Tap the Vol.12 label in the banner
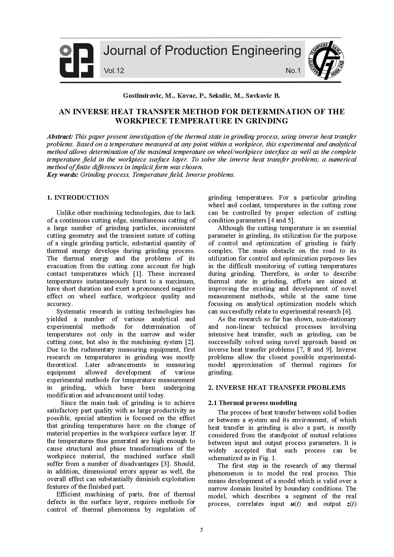pyautogui.click(x=114, y=70)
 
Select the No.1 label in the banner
pyautogui.click(x=293, y=70)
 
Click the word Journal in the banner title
pyautogui.click(x=124, y=51)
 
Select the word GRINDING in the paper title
pyautogui.click(x=267, y=121)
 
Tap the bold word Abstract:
pyautogui.click(x=60, y=137)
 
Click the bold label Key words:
pyautogui.click(x=63, y=175)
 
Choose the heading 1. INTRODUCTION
pyautogui.click(x=78, y=198)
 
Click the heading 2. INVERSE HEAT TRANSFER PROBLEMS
pyautogui.click(x=277, y=388)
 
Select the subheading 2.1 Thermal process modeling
pyautogui.click(x=252, y=403)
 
